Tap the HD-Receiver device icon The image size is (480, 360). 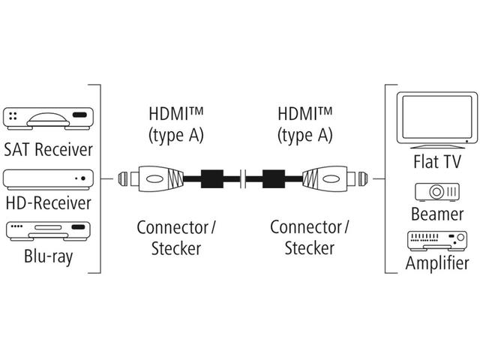[49, 178]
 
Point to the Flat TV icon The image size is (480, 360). [436, 118]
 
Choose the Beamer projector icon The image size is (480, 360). [436, 192]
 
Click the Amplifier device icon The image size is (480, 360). [436, 241]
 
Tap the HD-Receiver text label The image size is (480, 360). [49, 202]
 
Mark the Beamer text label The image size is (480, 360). [436, 214]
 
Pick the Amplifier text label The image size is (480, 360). [436, 263]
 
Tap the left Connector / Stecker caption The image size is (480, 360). [176, 237]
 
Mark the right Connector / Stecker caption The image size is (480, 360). [309, 237]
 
